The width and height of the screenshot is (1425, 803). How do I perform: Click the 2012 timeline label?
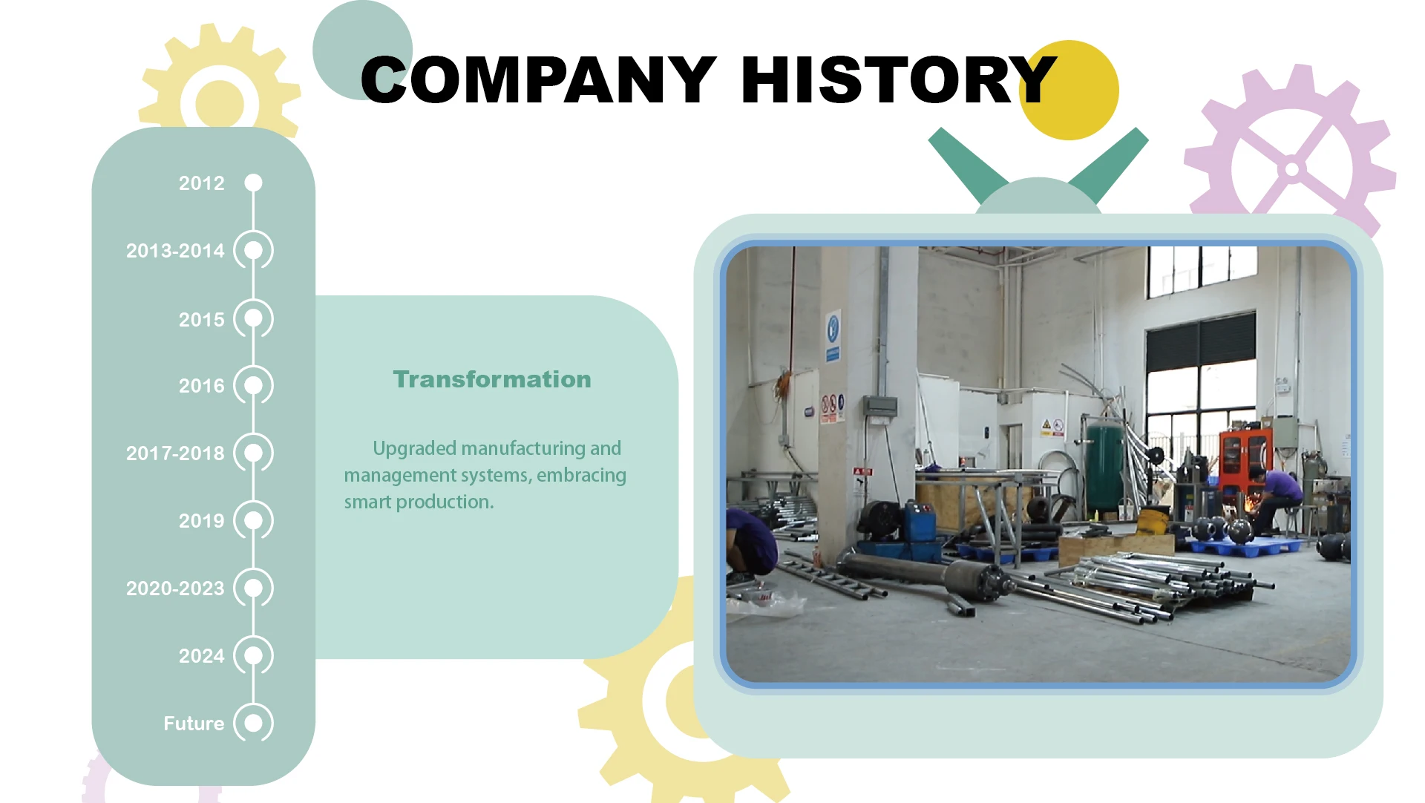tap(201, 183)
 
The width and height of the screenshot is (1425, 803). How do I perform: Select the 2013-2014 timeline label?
tap(175, 251)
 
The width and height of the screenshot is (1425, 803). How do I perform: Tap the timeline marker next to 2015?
tap(254, 318)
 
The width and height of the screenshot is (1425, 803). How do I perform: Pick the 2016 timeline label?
tap(201, 386)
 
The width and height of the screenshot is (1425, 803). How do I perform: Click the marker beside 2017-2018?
tap(254, 453)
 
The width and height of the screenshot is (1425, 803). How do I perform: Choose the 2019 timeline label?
tap(201, 521)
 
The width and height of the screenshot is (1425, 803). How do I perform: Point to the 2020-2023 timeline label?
tap(175, 589)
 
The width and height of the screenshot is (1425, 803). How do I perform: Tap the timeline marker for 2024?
tap(254, 656)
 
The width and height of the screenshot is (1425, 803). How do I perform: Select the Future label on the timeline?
tap(194, 724)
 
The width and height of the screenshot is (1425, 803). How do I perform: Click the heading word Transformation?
tap(492, 379)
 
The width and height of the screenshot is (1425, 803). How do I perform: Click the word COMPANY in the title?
tap(539, 80)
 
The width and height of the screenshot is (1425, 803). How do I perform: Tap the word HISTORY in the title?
tap(899, 80)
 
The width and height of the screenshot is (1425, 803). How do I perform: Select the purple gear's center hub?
tap(1292, 169)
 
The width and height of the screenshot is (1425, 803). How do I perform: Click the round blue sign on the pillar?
tap(833, 327)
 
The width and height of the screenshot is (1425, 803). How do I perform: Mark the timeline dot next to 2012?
tap(254, 183)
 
